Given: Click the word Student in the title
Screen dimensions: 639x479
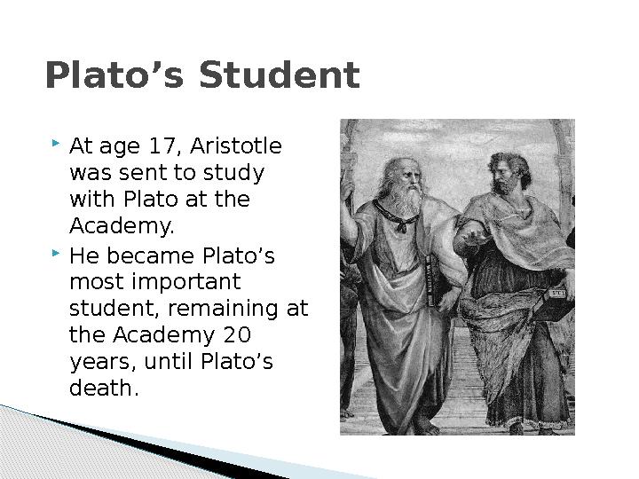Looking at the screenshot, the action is coord(280,75).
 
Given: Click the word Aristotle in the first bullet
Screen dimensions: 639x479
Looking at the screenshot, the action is coord(236,145).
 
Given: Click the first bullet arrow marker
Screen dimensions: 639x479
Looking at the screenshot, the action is coord(56,143).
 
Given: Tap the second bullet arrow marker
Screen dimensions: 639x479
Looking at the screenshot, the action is coord(56,254).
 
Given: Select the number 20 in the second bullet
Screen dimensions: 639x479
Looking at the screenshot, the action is coord(237,334).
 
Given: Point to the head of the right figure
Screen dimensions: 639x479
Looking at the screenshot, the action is coord(509,173).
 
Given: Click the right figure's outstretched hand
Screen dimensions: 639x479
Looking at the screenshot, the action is coord(473,236).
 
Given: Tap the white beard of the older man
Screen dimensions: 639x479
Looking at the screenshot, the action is coord(405,200).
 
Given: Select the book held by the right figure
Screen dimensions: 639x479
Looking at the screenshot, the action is coord(556,302).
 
